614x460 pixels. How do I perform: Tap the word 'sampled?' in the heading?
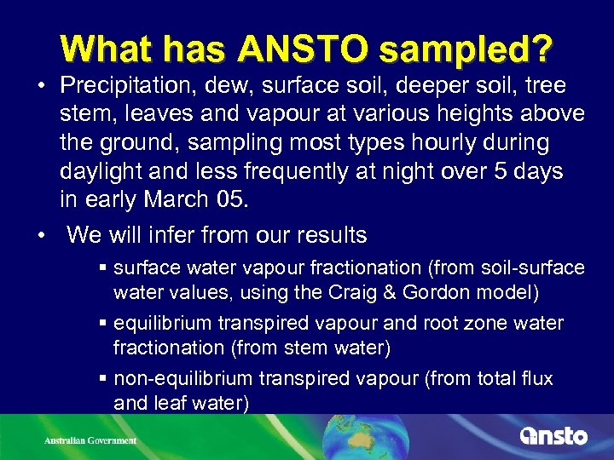tap(466, 50)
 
